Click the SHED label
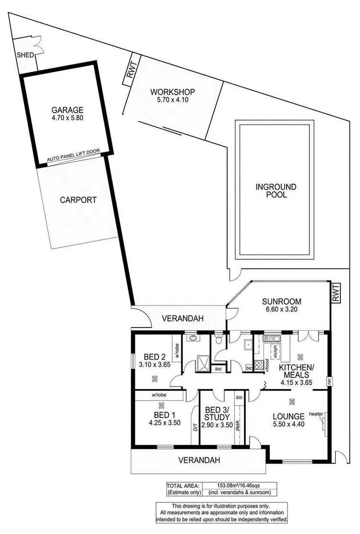coord(25,55)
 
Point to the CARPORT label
coord(78,200)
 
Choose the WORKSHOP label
coord(172,92)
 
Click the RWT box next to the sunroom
coord(336,292)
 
